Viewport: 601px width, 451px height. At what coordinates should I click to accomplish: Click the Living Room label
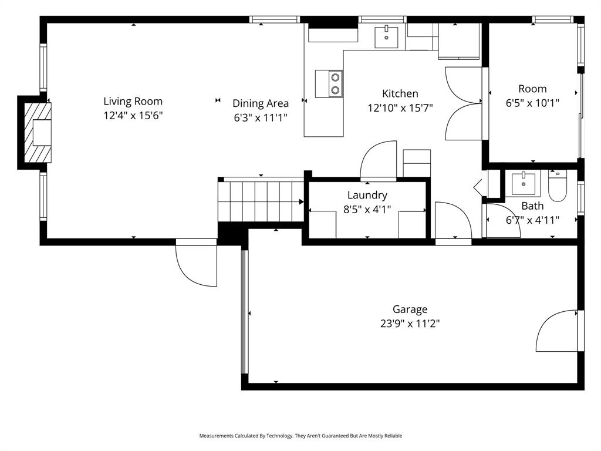(133, 101)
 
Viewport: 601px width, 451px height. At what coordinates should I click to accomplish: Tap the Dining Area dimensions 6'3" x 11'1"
(260, 117)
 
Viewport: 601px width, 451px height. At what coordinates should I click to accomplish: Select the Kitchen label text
(400, 93)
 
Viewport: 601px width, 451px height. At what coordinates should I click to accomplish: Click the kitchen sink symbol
(386, 36)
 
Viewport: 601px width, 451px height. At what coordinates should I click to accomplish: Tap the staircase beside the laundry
(261, 201)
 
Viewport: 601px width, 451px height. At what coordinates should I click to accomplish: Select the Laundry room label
(367, 196)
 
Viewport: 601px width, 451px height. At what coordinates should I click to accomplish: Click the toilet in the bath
(556, 187)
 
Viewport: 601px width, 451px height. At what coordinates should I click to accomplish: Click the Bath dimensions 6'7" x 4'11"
(532, 220)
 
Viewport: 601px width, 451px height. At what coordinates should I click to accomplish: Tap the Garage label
(410, 309)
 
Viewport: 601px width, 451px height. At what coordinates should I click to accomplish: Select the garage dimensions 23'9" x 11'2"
(410, 324)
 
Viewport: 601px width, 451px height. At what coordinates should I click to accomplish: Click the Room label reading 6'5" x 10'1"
(532, 96)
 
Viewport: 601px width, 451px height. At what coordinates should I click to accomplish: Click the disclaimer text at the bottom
(300, 436)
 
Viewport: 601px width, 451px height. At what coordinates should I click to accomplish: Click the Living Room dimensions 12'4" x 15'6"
(133, 116)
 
